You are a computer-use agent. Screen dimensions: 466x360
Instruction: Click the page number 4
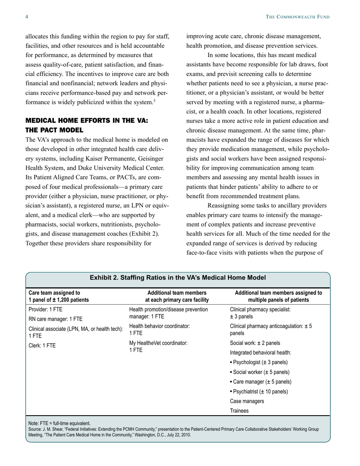(x=27, y=17)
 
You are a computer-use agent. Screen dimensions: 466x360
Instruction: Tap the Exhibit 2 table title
(x=178, y=278)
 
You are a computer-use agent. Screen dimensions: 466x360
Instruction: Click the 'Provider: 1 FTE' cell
(x=45, y=309)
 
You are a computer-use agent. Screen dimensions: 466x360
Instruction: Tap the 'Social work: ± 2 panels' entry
(x=255, y=343)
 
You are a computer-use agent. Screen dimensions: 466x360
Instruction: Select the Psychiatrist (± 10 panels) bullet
(x=259, y=391)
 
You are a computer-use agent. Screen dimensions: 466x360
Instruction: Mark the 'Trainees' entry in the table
(x=239, y=411)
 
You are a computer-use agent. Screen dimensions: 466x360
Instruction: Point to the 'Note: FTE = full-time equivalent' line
(x=59, y=423)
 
